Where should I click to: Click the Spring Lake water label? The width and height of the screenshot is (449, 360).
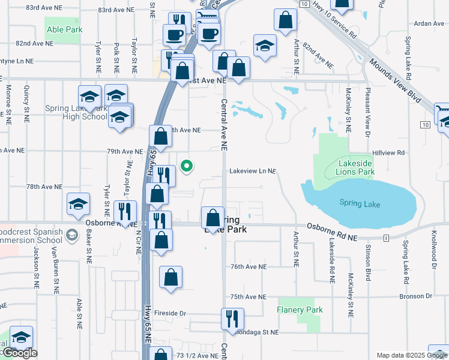359,204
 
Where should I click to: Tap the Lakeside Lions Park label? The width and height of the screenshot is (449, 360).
356,167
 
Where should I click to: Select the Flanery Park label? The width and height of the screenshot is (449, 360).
300,310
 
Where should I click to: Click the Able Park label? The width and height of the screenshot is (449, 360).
62,29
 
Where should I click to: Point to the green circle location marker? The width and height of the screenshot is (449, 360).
187,166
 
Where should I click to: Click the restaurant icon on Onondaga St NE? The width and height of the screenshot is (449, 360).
232,319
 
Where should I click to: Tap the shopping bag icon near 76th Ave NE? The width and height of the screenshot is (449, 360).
170,277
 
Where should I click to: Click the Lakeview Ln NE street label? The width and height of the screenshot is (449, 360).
252,171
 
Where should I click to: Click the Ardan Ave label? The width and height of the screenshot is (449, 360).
429,23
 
